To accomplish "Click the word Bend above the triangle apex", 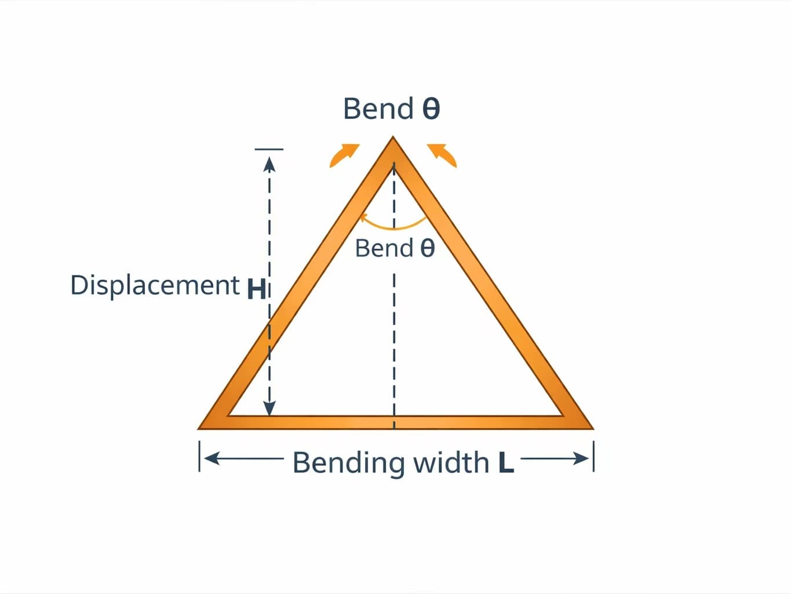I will [x=378, y=108].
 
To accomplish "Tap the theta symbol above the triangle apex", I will [x=431, y=108].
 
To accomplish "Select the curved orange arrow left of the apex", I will [x=344, y=154].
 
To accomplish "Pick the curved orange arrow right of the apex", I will [x=443, y=154].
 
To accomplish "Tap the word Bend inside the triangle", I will [x=384, y=248].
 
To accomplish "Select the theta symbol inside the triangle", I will [x=427, y=248].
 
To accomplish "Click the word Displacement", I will [x=155, y=285].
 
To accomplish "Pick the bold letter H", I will [x=256, y=289].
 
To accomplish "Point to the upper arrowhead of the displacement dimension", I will [x=269, y=165].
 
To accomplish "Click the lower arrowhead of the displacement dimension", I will [x=269, y=408].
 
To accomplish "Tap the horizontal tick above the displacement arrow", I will [x=269, y=149].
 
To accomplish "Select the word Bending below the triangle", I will [x=349, y=463].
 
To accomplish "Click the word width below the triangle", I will [x=451, y=463].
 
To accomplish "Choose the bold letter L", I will [x=506, y=463].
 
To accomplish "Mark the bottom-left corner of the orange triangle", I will [x=201, y=428].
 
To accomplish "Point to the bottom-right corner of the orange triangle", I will [x=591, y=428].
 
